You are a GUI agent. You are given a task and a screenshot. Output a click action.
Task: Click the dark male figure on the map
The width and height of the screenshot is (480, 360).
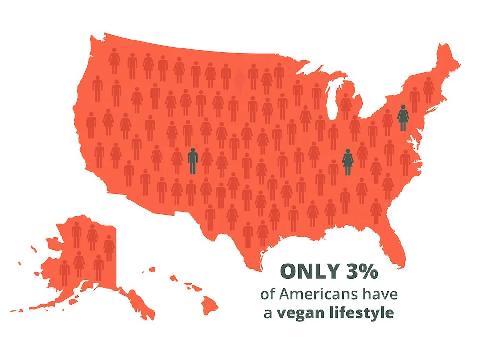[192, 161]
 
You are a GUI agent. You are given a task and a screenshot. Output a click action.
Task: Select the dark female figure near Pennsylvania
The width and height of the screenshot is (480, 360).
[403, 118]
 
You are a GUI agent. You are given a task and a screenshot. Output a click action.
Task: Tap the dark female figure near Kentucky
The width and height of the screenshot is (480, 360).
[348, 162]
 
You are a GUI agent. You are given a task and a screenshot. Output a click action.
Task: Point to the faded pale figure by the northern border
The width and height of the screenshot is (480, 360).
[240, 80]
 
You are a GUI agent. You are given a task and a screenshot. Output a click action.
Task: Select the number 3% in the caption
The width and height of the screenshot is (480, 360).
[362, 272]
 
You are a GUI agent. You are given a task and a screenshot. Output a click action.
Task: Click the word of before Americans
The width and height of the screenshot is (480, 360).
[268, 295]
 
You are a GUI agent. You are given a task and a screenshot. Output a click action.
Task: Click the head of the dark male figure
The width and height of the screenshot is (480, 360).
[192, 150]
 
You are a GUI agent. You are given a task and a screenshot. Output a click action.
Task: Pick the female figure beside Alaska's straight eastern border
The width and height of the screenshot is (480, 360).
[109, 248]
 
